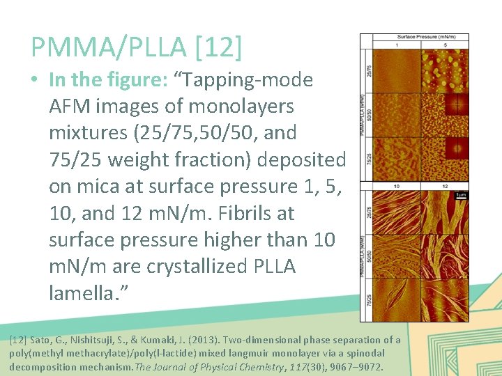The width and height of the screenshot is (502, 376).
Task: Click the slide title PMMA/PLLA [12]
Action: pyautogui.click(x=137, y=47)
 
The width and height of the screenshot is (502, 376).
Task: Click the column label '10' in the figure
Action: pyautogui.click(x=396, y=187)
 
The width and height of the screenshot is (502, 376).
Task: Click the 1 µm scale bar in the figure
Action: pyautogui.click(x=460, y=196)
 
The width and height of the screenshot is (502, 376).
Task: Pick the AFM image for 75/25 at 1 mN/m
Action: pyautogui.click(x=396, y=159)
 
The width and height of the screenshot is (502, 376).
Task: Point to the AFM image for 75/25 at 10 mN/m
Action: pyautogui.click(x=396, y=299)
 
